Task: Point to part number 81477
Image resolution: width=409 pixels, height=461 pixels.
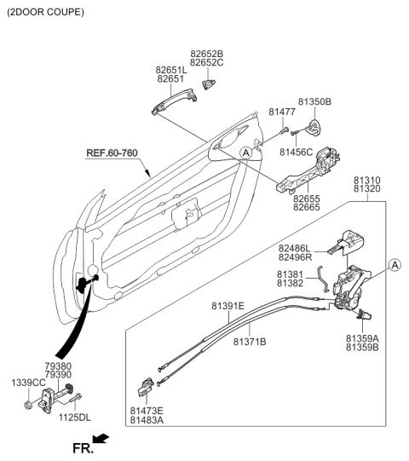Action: coord(282,112)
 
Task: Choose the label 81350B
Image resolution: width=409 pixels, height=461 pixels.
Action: coord(314,102)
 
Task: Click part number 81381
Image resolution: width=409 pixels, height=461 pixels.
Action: coord(289,274)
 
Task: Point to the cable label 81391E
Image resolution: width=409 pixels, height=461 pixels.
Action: coord(228,304)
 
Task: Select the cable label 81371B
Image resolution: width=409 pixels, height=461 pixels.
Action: coord(250,341)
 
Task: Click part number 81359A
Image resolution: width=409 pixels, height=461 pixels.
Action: coord(362,338)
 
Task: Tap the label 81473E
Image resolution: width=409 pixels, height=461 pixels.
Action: coord(147,411)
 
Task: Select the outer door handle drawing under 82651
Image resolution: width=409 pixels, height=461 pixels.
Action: coord(172,104)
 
